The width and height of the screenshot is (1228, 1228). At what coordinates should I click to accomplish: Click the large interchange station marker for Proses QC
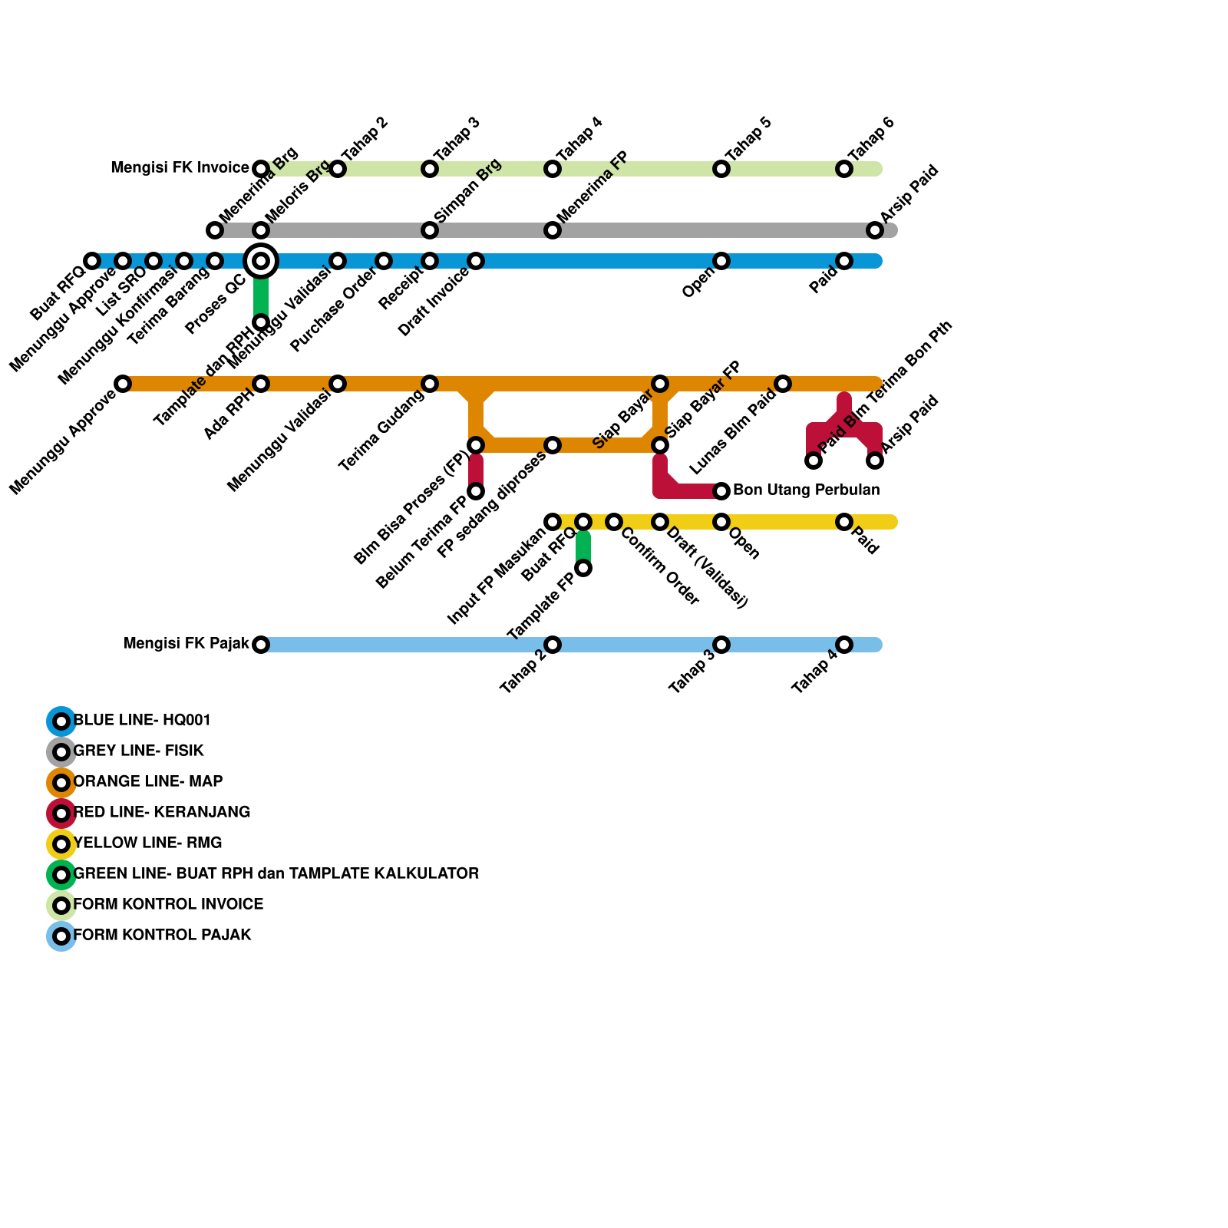point(261,261)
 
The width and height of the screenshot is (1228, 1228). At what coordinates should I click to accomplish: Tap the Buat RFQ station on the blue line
point(92,261)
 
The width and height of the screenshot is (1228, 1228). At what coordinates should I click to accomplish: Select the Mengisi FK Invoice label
point(180,168)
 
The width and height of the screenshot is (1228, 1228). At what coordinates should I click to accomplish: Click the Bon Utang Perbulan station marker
point(721,491)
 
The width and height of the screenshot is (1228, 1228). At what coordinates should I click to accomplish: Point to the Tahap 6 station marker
point(844,169)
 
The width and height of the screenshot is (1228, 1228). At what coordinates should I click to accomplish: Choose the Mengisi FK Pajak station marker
point(261,645)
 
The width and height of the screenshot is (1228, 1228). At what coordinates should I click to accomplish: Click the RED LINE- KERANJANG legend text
point(162,812)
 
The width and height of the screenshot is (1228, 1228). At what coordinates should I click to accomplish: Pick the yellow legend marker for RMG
point(61,844)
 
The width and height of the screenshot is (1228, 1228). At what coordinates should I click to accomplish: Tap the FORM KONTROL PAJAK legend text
point(162,935)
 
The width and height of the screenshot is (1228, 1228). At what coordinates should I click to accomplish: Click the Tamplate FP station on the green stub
point(583,568)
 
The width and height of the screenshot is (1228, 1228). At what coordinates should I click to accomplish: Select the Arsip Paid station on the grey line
point(875,230)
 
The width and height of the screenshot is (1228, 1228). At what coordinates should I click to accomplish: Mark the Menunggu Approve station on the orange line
point(123,384)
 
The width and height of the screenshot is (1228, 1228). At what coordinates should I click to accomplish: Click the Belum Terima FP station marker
point(476,491)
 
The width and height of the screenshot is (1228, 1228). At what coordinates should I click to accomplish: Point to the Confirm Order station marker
point(614,522)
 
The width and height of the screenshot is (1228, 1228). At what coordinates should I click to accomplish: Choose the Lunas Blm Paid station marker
point(783,384)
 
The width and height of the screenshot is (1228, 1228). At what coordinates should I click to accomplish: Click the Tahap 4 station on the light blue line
point(844,645)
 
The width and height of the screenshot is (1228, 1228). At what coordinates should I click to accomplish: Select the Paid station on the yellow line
point(844,522)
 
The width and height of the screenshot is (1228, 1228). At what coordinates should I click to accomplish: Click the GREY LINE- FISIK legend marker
point(61,752)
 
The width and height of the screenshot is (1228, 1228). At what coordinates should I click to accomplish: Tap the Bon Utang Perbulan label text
point(806,490)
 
